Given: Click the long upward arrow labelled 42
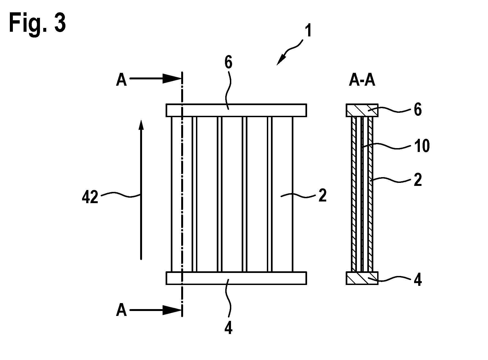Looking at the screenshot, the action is point(141,189).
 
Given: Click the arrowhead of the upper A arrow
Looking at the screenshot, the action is point(172,79).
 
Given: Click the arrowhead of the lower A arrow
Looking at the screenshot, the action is point(172,310).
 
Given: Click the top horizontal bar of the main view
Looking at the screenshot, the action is point(236,110).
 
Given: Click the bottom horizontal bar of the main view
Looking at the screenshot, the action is point(236,278).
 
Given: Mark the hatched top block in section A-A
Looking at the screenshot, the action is point(362,110).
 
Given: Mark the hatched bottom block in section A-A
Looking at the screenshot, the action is point(362,278).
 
